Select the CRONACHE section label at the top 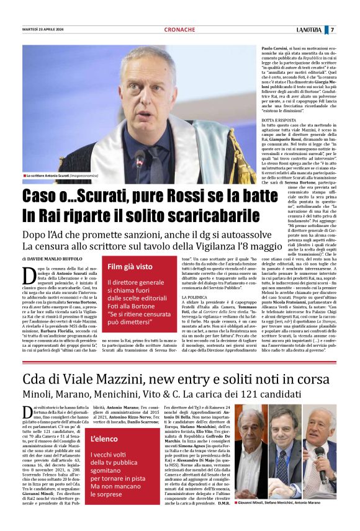pyautogui.click(x=179, y=30)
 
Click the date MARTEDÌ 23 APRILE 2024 pyautogui.click(x=44, y=30)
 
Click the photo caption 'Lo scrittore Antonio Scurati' pyautogui.click(x=65, y=177)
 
